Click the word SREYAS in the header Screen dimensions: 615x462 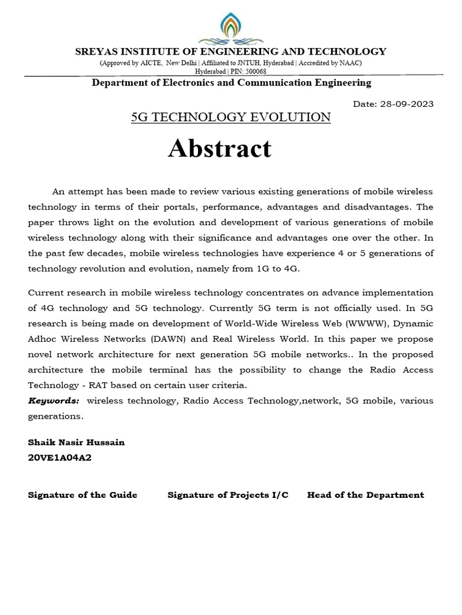(x=96, y=52)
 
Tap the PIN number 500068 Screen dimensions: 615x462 (x=253, y=71)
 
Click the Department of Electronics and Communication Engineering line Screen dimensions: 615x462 (x=231, y=82)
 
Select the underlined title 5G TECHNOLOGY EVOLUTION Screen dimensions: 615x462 (x=231, y=117)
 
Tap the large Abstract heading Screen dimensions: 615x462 (x=220, y=148)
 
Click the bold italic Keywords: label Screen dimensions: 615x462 (x=54, y=401)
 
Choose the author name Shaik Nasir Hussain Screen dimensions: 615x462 (x=76, y=442)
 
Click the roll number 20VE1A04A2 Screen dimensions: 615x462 (x=60, y=458)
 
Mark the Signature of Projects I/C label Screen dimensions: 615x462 (x=228, y=495)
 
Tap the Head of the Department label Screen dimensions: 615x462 (x=365, y=495)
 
